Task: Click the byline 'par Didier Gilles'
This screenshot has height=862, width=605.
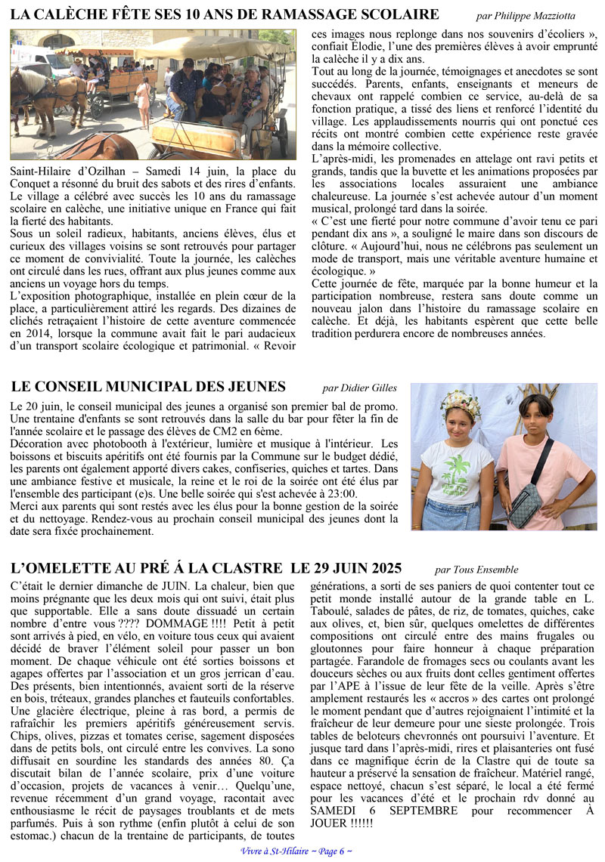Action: [x=359, y=388]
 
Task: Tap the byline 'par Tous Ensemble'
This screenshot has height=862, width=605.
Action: [x=476, y=570]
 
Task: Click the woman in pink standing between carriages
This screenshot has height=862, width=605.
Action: [x=143, y=102]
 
